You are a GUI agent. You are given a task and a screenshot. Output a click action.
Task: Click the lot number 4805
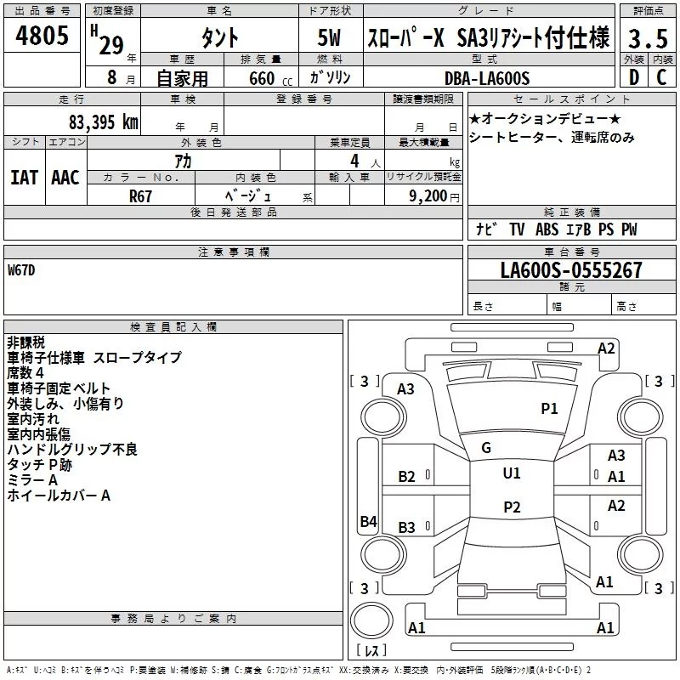pyautogui.click(x=42, y=35)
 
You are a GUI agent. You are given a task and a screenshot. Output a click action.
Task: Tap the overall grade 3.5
pyautogui.click(x=648, y=38)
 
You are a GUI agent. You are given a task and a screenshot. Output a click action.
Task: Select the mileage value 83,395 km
pyautogui.click(x=103, y=122)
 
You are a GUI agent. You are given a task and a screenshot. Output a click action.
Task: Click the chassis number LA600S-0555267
pyautogui.click(x=571, y=269)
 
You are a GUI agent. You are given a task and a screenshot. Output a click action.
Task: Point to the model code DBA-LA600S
pyautogui.click(x=487, y=78)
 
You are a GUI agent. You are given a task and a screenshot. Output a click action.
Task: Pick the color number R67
pyautogui.click(x=140, y=196)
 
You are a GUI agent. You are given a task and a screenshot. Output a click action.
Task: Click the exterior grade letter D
pyautogui.click(x=634, y=77)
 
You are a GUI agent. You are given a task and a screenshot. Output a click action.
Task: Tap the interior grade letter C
pyautogui.click(x=661, y=77)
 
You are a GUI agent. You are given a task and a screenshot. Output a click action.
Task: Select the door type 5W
pyautogui.click(x=329, y=37)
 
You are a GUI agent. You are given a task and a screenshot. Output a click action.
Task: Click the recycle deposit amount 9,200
pyautogui.click(x=428, y=196)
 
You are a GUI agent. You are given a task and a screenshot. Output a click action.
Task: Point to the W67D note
pyautogui.click(x=21, y=270)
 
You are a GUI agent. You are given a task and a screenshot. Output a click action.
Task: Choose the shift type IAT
pyautogui.click(x=24, y=178)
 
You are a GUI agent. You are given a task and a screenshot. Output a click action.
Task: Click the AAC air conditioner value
pyautogui.click(x=65, y=178)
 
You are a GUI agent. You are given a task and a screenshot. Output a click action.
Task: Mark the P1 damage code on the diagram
pyautogui.click(x=549, y=408)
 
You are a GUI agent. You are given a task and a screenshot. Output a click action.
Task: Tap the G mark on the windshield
pyautogui.click(x=486, y=447)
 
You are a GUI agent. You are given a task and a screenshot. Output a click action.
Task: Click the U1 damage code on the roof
pyautogui.click(x=512, y=473)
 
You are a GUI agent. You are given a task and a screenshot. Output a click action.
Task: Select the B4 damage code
pyautogui.click(x=368, y=521)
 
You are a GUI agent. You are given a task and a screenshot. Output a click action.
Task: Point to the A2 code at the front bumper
pyautogui.click(x=606, y=348)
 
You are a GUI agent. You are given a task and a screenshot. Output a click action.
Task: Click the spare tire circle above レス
pyautogui.click(x=371, y=620)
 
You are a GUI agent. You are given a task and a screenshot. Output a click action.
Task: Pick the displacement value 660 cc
pyautogui.click(x=270, y=78)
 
